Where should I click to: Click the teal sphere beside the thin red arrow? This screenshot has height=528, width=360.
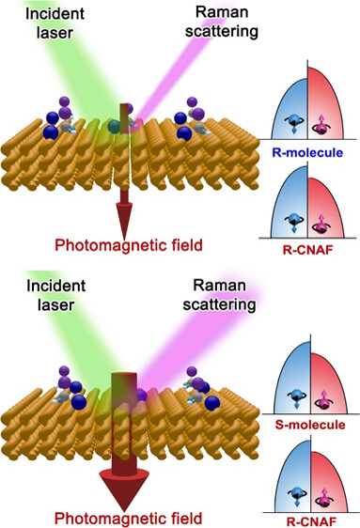click(114, 125)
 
